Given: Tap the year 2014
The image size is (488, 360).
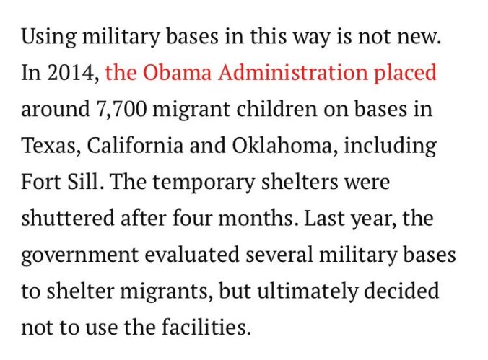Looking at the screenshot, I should (x=71, y=73).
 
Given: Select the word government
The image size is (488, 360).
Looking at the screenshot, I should (x=77, y=255).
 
